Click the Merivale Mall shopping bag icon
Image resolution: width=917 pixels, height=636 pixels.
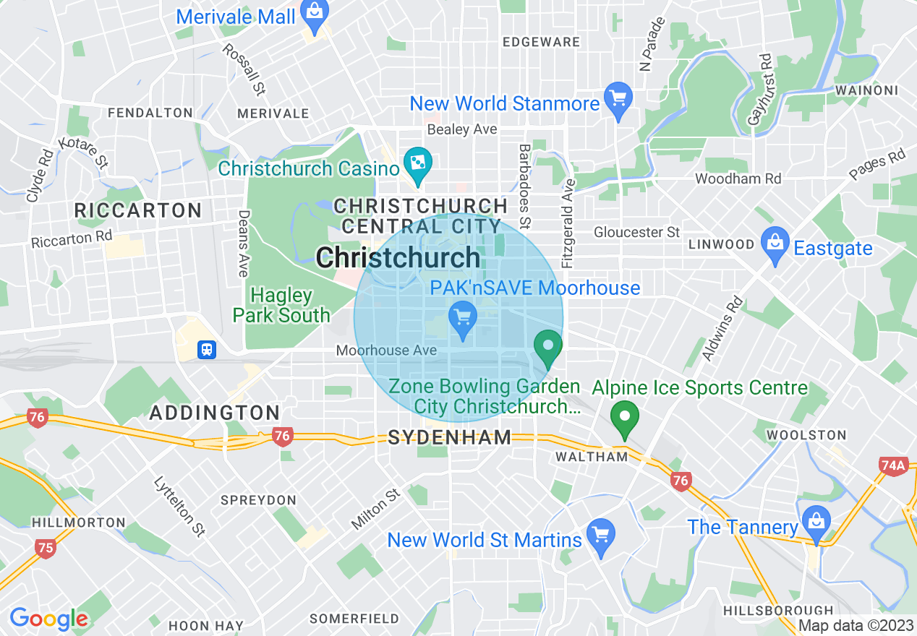click(315, 13)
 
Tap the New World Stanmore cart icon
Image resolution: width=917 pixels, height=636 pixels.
click(618, 100)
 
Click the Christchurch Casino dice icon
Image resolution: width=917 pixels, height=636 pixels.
click(417, 164)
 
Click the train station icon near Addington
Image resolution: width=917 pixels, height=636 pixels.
click(207, 350)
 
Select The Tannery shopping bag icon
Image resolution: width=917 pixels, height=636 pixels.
click(816, 523)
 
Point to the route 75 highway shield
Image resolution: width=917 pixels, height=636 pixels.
click(45, 548)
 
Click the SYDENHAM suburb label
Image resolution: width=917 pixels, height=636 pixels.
click(450, 437)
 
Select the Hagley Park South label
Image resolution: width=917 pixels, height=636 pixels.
click(281, 305)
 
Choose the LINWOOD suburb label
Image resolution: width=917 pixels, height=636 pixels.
click(721, 244)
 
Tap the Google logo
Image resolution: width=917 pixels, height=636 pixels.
click(48, 619)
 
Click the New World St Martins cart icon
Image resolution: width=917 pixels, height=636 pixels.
click(600, 536)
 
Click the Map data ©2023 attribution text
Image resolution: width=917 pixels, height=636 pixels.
click(855, 626)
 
